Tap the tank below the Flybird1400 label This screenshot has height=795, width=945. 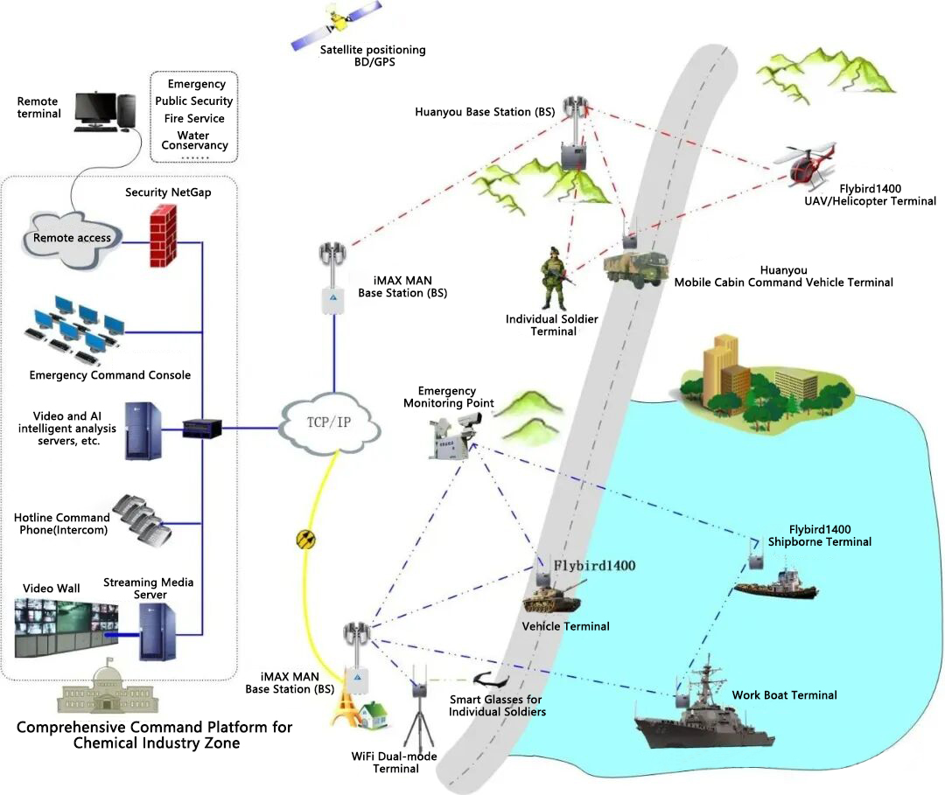[549, 600]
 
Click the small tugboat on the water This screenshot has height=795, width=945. [775, 581]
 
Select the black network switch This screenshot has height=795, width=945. [203, 429]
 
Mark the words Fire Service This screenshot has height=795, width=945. [194, 118]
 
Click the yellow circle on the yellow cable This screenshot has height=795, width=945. [304, 539]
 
